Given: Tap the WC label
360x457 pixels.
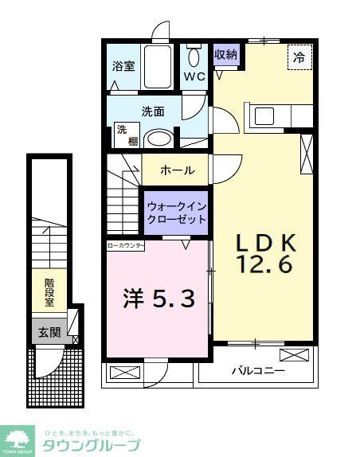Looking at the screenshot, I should point(195,77).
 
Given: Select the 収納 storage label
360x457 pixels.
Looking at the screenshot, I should point(225,55).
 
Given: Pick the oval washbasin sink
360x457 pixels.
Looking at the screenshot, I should point(160,138).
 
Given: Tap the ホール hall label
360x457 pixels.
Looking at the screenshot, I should point(177,170).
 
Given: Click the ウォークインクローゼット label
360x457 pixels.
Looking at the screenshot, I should point(176,212).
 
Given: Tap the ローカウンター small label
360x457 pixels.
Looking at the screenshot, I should point(126,246).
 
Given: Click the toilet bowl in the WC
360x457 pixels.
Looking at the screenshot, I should point(194,58).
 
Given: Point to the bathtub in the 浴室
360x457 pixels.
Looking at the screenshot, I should point(156,68).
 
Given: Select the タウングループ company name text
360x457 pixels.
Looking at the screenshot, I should point(94,446).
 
